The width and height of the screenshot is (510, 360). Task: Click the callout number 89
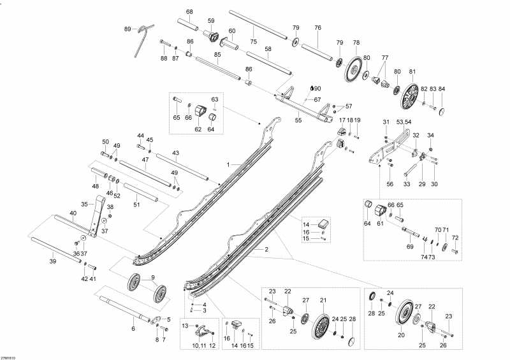(x=127, y=29)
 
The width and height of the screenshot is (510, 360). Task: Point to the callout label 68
(x=189, y=12)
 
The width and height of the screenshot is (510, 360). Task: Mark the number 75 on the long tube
(x=253, y=41)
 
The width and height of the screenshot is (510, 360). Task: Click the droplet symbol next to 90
(x=311, y=88)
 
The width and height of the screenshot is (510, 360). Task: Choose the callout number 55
(x=298, y=120)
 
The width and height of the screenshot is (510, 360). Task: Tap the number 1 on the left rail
(x=227, y=164)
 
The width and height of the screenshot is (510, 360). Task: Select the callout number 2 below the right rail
(x=266, y=249)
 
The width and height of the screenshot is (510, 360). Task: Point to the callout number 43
(x=175, y=153)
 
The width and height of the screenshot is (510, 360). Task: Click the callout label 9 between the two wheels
(x=152, y=277)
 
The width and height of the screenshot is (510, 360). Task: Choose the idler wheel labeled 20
(x=404, y=317)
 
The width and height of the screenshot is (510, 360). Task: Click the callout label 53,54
(x=404, y=122)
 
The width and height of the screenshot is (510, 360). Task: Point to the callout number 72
(x=455, y=238)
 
